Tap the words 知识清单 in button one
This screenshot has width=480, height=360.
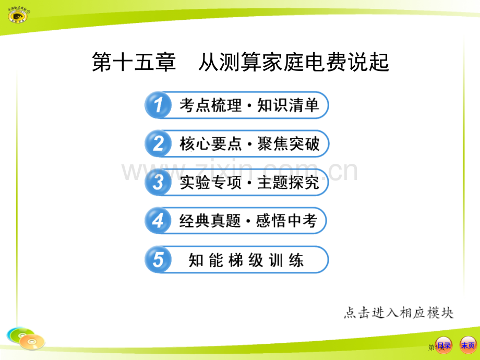(x=288, y=106)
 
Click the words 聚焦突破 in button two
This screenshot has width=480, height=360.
(x=288, y=144)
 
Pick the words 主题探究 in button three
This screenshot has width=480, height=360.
(x=288, y=183)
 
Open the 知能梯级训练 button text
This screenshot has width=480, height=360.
(x=246, y=260)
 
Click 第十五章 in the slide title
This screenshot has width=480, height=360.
(x=134, y=63)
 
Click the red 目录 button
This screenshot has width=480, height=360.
(x=444, y=345)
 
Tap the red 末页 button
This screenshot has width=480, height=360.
(x=467, y=345)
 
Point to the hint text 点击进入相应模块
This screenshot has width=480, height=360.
(x=399, y=313)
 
